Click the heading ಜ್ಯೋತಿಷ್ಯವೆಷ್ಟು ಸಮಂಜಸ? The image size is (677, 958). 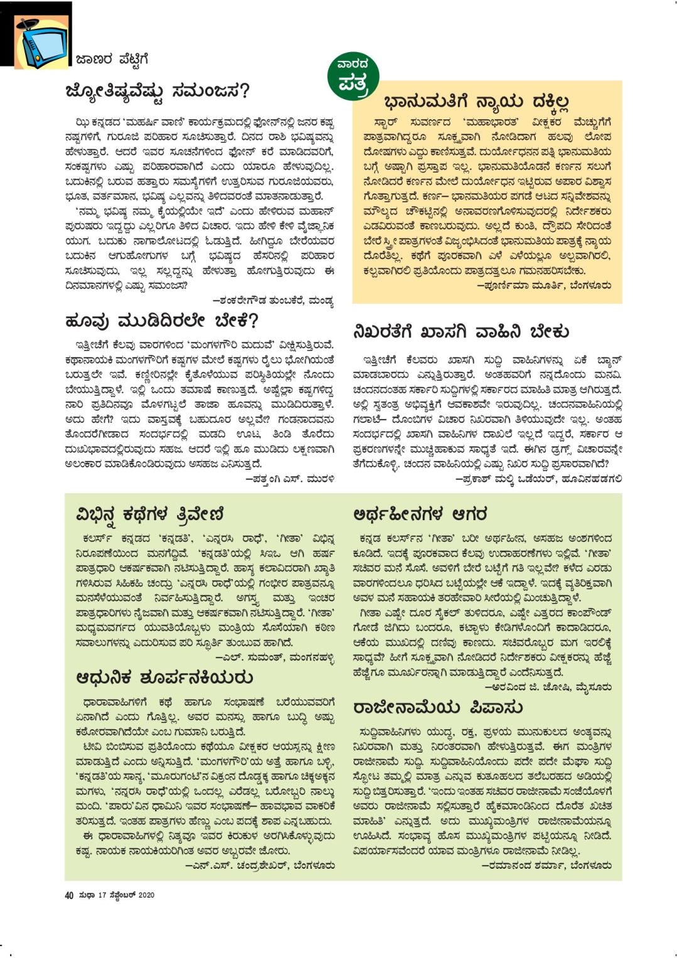(x=158, y=92)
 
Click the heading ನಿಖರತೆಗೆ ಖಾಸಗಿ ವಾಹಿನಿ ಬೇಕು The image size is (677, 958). (x=461, y=332)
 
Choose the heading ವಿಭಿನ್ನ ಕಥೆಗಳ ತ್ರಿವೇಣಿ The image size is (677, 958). (x=150, y=514)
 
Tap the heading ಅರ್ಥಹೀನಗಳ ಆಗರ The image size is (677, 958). (x=420, y=514)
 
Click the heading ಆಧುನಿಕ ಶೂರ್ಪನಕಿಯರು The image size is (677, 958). (x=165, y=678)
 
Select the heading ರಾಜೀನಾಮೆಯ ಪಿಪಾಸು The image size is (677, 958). (x=438, y=708)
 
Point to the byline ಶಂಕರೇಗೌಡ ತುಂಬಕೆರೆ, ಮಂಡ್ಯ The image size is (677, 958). (x=273, y=301)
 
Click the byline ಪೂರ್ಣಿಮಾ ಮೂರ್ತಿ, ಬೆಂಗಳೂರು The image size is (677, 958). (x=544, y=286)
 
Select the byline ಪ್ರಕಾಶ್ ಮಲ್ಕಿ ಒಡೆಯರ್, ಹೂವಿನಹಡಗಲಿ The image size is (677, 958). (x=538, y=479)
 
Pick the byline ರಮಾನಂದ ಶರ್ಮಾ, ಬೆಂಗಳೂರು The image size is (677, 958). (x=546, y=866)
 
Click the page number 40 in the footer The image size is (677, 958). (x=69, y=895)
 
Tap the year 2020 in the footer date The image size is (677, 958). (x=146, y=895)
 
